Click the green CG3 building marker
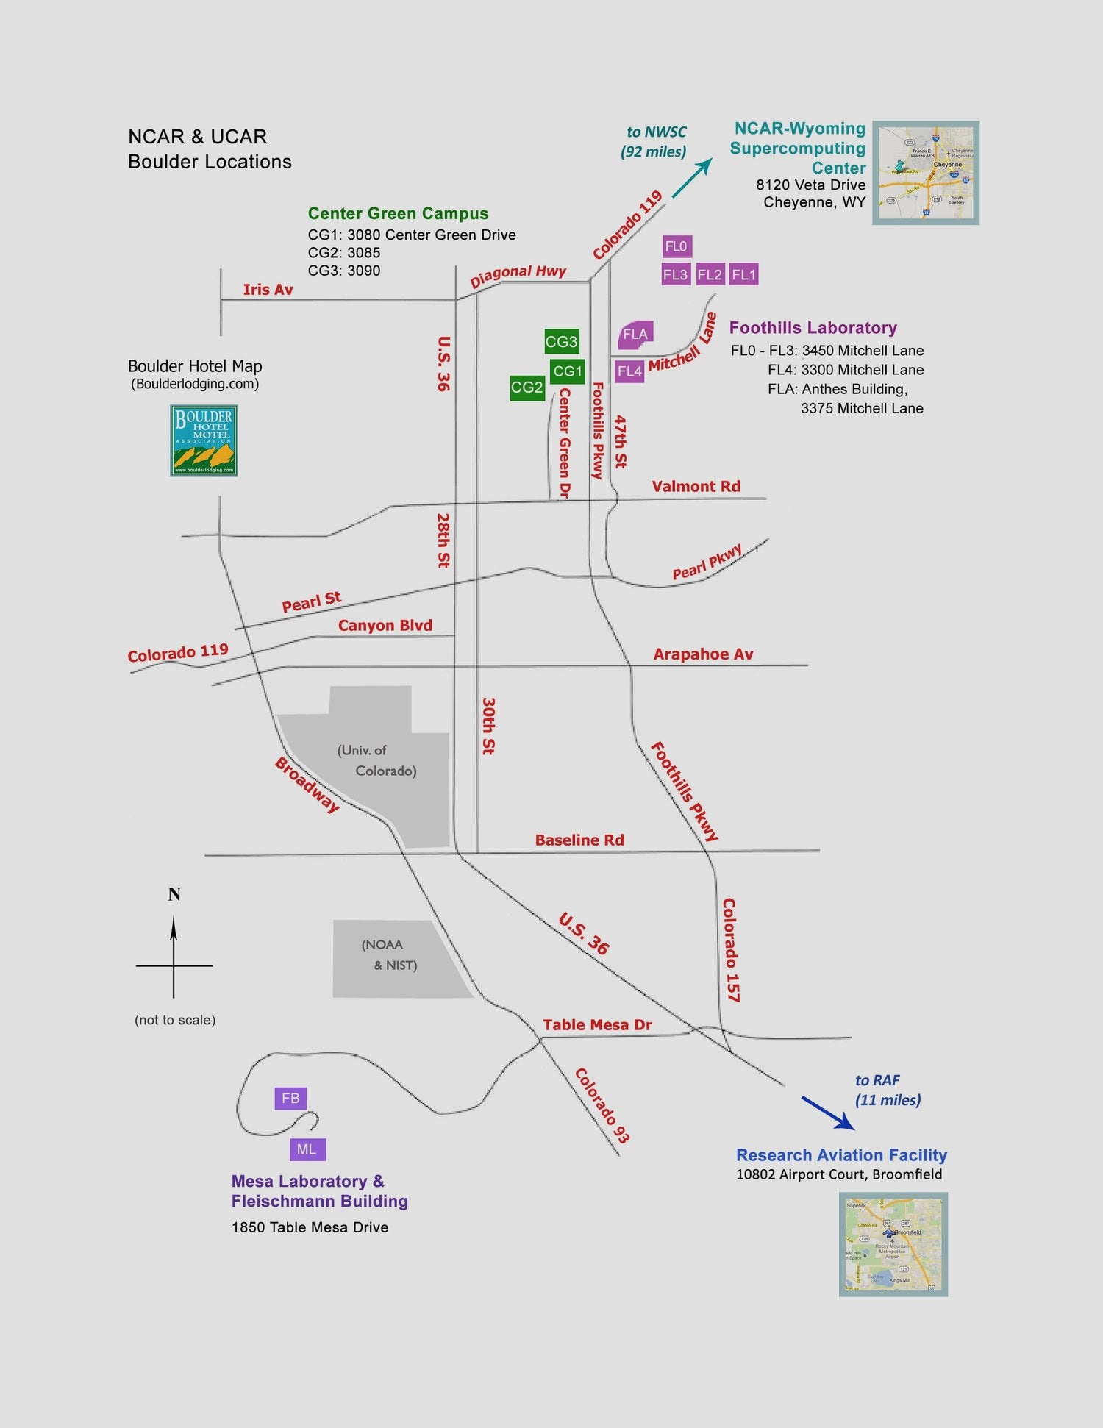562,341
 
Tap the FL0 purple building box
677,246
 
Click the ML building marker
307,1149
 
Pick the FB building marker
290,1098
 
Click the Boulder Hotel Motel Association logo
204,440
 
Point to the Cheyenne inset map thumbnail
926,173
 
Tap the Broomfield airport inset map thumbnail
893,1243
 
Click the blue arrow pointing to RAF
828,1113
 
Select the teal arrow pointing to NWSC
692,177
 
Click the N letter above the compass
174,894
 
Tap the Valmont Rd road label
696,486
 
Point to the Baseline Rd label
579,840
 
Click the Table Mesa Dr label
597,1024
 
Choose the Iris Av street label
268,289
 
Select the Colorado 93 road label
602,1105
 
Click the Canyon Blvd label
385,625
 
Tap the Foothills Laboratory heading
813,328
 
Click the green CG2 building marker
527,388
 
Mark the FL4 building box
629,371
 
